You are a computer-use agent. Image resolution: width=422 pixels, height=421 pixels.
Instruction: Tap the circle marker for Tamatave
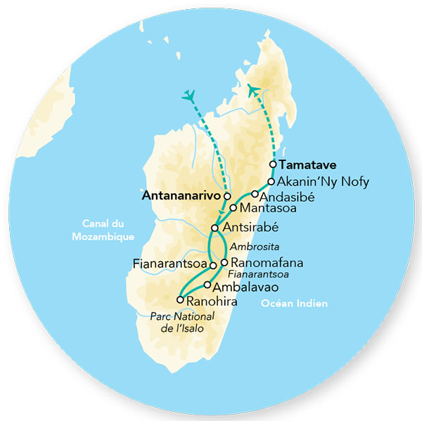(x=273, y=166)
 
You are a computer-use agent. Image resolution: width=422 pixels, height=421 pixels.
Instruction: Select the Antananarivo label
(x=182, y=196)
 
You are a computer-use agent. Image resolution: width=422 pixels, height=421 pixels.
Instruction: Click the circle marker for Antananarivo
(x=226, y=196)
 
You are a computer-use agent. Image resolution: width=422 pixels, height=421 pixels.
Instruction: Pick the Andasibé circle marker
(x=255, y=194)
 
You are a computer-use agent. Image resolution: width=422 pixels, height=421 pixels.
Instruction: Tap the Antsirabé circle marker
(x=215, y=228)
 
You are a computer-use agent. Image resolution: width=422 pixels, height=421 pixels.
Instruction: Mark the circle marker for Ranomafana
(x=224, y=263)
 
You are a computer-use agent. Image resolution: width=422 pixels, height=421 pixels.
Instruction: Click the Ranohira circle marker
(x=180, y=300)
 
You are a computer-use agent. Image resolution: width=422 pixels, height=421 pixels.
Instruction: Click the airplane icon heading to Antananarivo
(x=188, y=96)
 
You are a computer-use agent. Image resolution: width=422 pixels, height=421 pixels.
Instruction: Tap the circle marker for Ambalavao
(x=207, y=285)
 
